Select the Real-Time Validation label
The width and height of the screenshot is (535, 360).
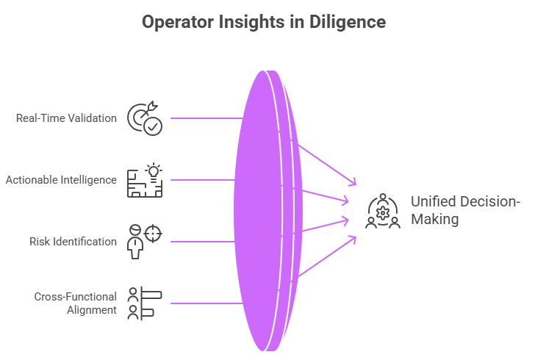(x=66, y=118)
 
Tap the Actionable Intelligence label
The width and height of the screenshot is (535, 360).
(x=61, y=179)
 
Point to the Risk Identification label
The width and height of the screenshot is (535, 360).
(x=73, y=241)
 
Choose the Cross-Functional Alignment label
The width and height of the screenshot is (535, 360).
(x=76, y=303)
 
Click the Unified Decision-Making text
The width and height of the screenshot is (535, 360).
(x=464, y=210)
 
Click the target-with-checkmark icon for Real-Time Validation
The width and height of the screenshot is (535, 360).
(x=145, y=118)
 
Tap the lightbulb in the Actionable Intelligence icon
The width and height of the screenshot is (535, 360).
(x=154, y=171)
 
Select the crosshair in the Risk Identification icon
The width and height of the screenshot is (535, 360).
(x=154, y=233)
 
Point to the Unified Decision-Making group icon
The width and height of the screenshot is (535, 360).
(x=382, y=211)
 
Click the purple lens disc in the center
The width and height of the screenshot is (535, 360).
(x=257, y=209)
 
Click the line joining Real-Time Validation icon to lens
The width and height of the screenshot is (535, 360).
(x=206, y=118)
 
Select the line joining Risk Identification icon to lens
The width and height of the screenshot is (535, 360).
(x=198, y=241)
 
